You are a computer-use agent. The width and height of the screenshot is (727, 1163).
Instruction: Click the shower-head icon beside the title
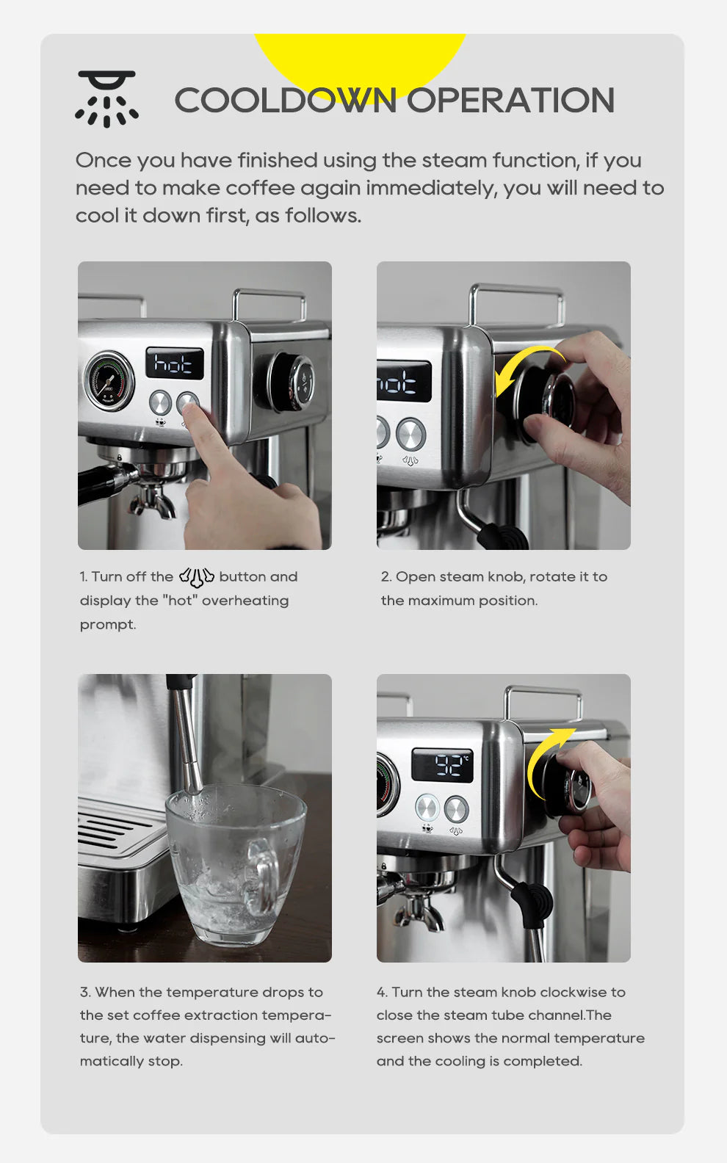[x=107, y=98]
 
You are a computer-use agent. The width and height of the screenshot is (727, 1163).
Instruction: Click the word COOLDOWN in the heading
[x=285, y=101]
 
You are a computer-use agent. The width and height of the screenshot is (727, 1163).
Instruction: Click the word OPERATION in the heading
[x=511, y=101]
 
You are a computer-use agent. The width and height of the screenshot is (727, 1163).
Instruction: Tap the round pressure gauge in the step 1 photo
[x=109, y=380]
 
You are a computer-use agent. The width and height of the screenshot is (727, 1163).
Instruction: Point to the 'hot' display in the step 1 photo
[x=174, y=363]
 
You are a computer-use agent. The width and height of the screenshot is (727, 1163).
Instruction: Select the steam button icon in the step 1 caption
[x=196, y=577]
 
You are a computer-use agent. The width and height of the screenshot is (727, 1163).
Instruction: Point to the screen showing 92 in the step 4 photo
[x=442, y=766]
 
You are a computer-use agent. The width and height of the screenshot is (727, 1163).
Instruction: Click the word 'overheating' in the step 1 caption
[x=245, y=601]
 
